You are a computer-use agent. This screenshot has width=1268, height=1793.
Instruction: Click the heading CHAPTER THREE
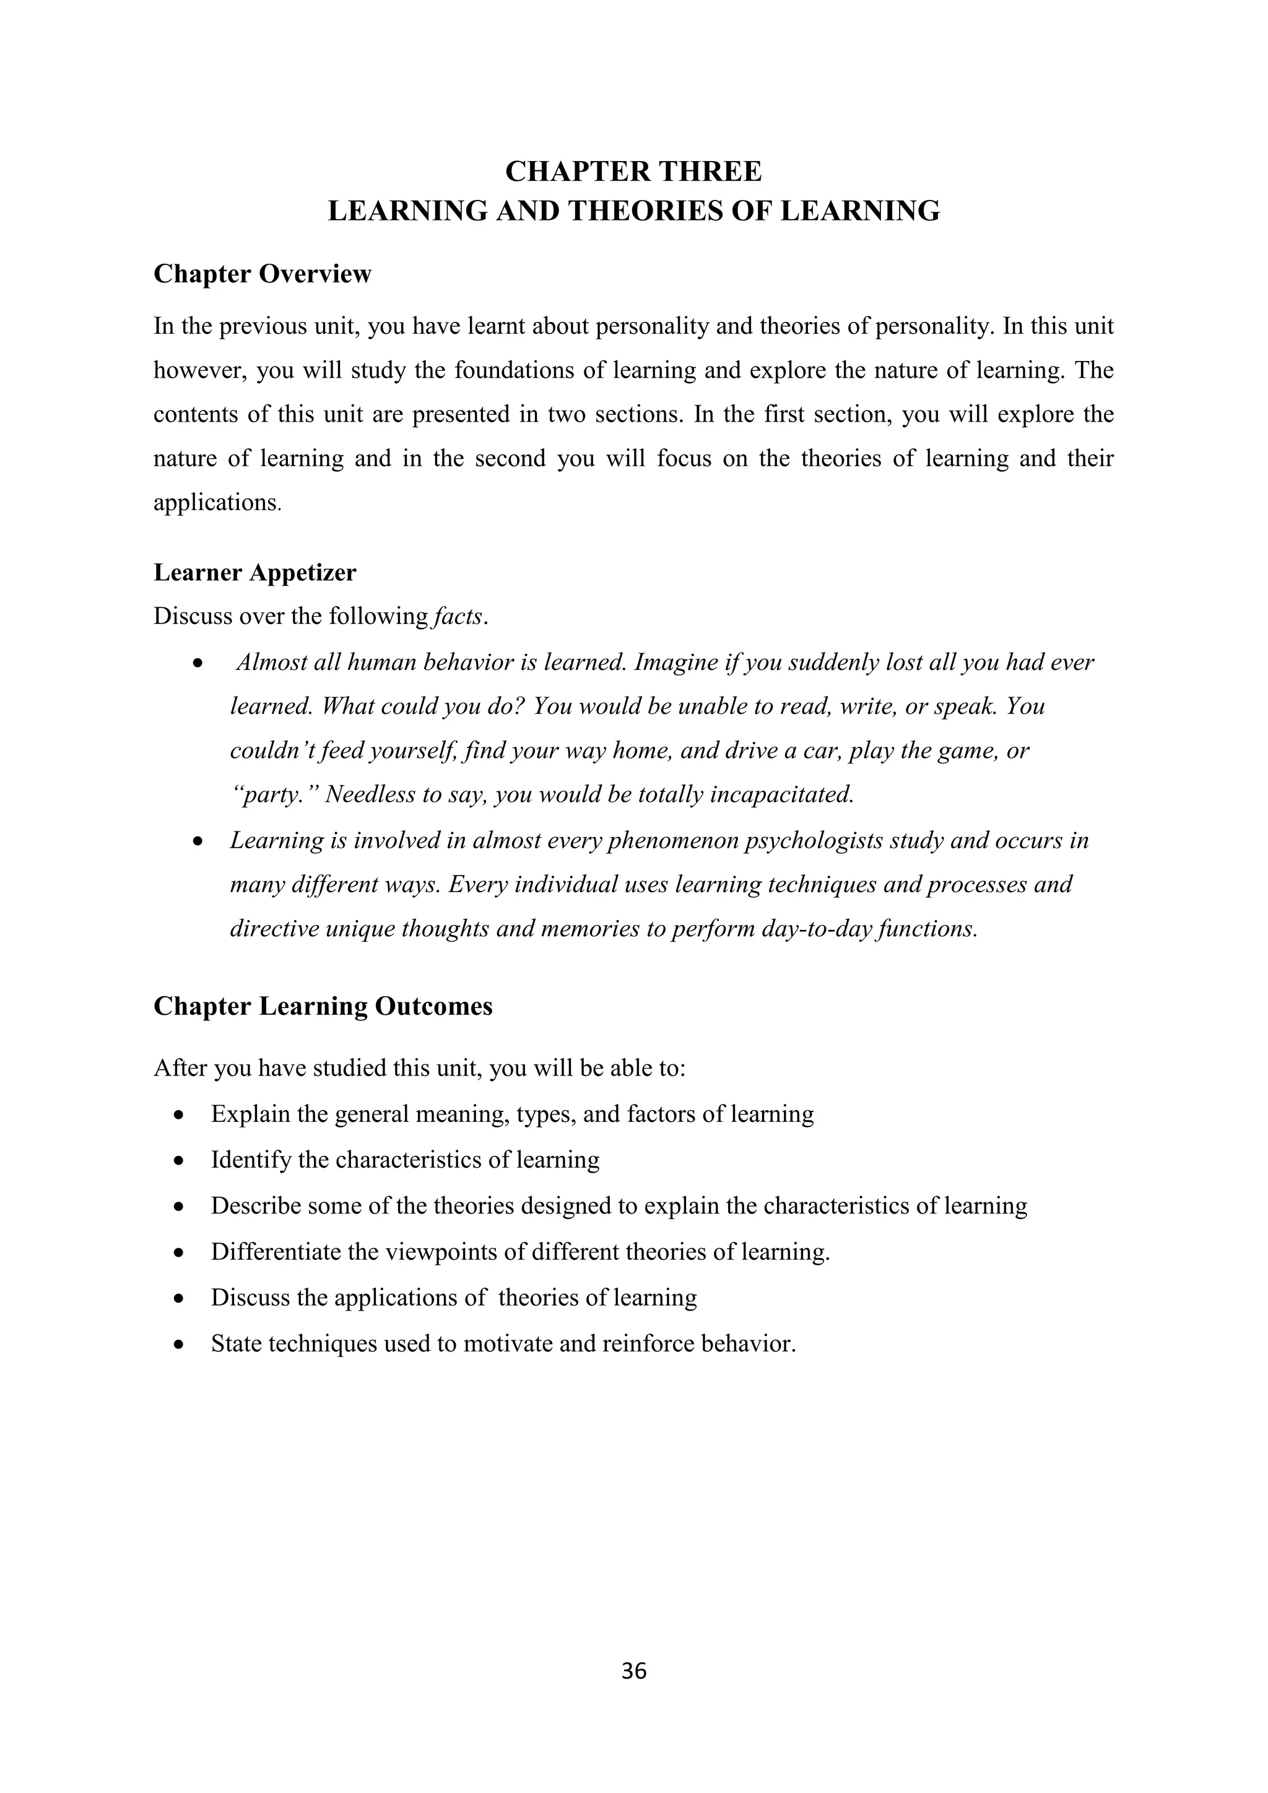pos(633,171)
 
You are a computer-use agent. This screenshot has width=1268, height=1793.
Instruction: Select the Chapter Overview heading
pos(263,274)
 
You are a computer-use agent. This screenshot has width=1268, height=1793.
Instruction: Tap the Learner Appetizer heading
pos(254,573)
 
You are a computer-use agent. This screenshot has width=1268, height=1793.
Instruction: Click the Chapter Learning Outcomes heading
pos(323,1006)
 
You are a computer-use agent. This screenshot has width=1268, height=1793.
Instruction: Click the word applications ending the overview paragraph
pos(215,502)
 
